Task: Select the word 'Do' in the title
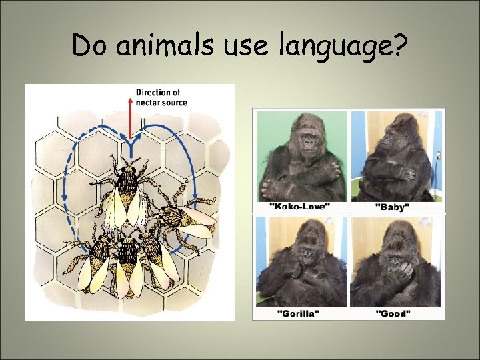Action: coord(89,46)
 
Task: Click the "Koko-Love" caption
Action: coord(300,207)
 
